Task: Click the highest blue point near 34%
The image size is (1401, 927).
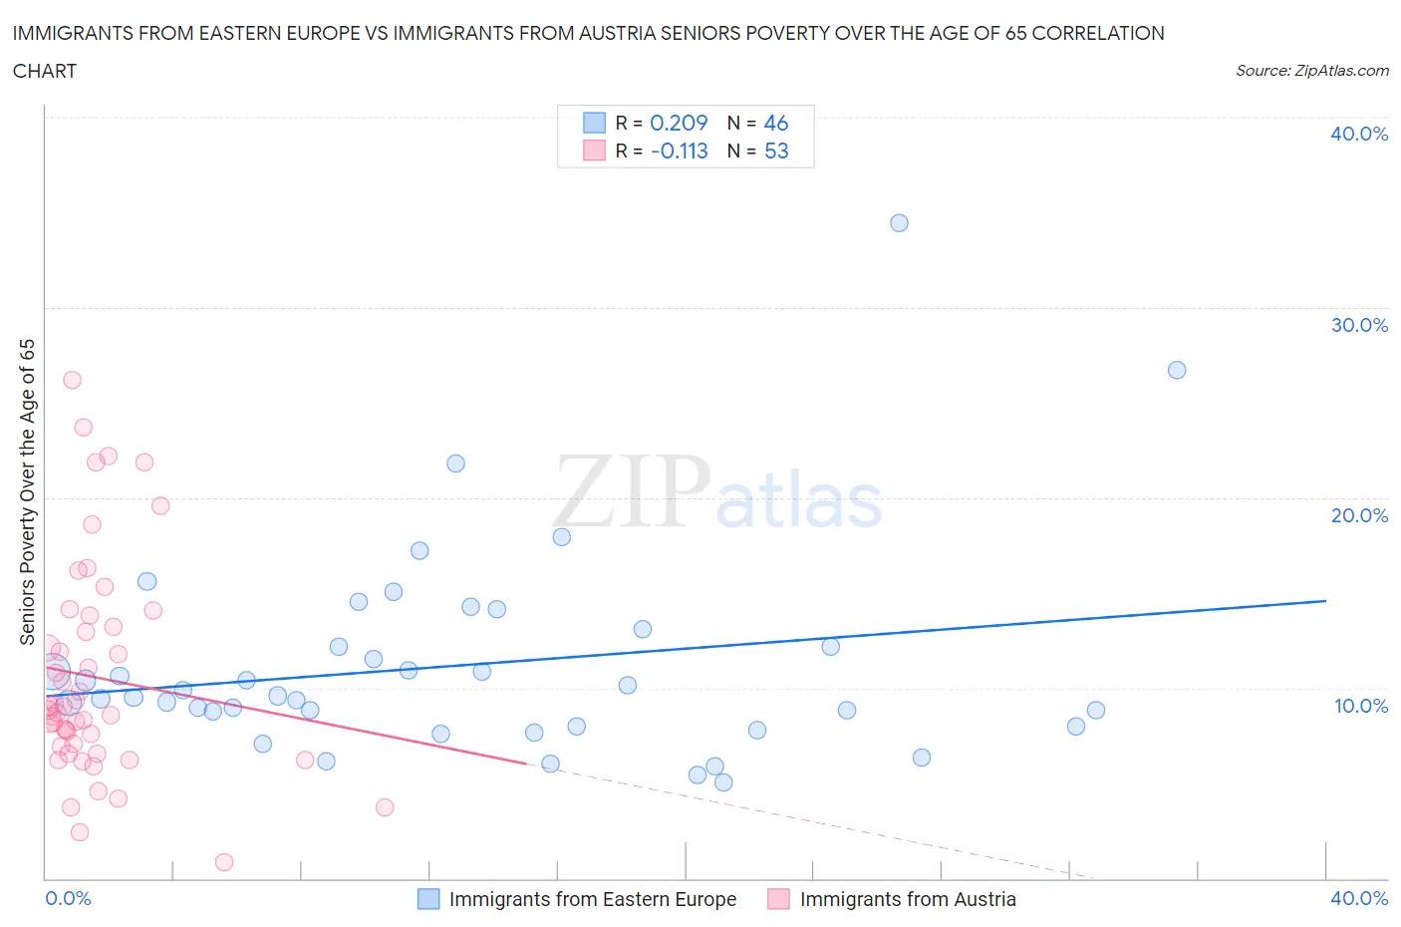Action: pos(899,222)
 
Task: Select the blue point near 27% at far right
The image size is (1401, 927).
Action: pos(1177,370)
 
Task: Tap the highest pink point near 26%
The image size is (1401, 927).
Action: pos(72,380)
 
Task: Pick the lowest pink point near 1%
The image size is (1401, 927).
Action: pos(224,862)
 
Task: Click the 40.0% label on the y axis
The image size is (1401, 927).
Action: pos(1359,134)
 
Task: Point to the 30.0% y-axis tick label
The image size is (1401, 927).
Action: pos(1359,325)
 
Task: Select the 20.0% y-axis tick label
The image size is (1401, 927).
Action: pos(1359,515)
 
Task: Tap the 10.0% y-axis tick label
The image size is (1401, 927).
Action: pos(1359,706)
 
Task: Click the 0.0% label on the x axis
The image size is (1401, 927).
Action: pos(68,898)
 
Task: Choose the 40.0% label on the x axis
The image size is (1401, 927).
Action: pos(1359,898)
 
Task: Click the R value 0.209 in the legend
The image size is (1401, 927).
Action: pos(679,123)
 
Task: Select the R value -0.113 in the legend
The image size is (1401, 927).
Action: pos(679,151)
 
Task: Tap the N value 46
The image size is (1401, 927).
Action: pos(776,123)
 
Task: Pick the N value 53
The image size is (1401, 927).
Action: pos(776,151)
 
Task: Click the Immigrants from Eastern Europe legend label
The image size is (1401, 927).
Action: pos(592,899)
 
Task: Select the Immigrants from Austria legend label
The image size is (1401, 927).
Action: pos(908,899)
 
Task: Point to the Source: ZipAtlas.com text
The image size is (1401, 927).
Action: pos(1311,70)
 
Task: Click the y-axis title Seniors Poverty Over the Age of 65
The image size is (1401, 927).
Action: pos(28,491)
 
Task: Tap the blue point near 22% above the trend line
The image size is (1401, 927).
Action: pos(455,463)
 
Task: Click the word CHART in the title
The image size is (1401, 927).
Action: pos(45,71)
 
